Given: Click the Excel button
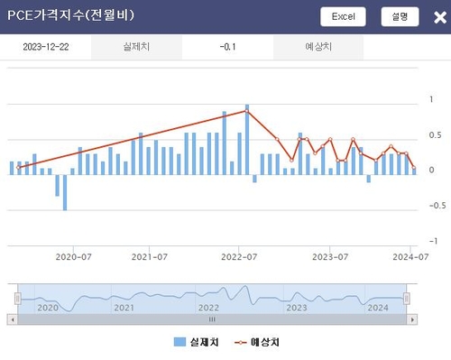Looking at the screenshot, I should [x=344, y=16].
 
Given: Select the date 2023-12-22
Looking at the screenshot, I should [x=46, y=48].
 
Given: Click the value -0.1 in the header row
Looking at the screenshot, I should [x=228, y=48].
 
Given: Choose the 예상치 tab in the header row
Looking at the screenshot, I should [x=318, y=48].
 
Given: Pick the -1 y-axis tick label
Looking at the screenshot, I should [x=435, y=241].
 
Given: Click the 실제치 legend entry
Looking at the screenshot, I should [x=192, y=342].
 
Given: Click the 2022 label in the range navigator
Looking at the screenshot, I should [x=207, y=308].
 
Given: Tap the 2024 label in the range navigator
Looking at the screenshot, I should [x=378, y=308].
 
